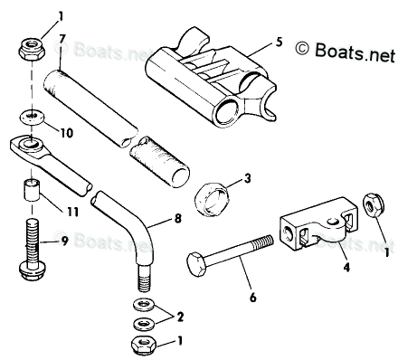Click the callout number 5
click(x=280, y=42)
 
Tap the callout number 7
click(x=62, y=39)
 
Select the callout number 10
click(x=67, y=133)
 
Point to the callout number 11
click(x=72, y=212)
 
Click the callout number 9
click(x=64, y=241)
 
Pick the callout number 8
click(x=178, y=218)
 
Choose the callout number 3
click(x=247, y=178)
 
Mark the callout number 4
click(x=346, y=267)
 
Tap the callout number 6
click(x=253, y=298)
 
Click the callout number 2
click(x=180, y=317)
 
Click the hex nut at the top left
click(x=32, y=49)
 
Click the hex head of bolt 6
click(x=196, y=265)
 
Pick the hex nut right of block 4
click(x=374, y=206)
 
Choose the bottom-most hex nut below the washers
click(x=144, y=345)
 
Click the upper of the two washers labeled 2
click(x=144, y=304)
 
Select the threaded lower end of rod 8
click(x=144, y=278)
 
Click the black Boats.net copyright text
click(x=345, y=52)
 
